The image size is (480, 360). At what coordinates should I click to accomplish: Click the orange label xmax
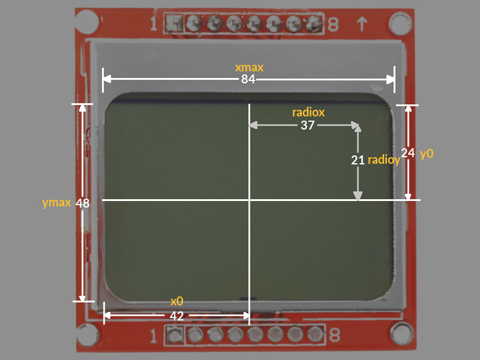(x=249, y=67)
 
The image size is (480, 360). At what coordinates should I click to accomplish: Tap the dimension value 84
(x=248, y=79)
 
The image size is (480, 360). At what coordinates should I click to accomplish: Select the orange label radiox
(x=308, y=112)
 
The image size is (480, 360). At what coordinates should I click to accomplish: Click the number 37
(x=307, y=125)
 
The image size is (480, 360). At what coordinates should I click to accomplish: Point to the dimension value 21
(x=358, y=160)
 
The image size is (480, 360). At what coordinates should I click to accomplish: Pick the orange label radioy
(x=384, y=160)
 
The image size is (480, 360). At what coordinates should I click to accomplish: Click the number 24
(x=408, y=153)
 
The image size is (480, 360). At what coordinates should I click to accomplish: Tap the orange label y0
(x=427, y=154)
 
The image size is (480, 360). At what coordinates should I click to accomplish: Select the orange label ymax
(x=56, y=203)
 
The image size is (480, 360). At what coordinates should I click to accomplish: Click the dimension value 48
(x=82, y=203)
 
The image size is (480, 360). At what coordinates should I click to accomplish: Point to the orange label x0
(x=176, y=301)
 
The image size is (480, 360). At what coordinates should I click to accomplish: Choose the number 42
(x=176, y=316)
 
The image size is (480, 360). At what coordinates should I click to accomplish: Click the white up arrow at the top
(x=362, y=24)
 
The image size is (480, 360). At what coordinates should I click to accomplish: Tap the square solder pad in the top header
(x=174, y=23)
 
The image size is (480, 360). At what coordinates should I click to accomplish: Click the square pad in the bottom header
(x=175, y=335)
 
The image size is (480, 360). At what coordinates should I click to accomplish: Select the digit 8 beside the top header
(x=333, y=25)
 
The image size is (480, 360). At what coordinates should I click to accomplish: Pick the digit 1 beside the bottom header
(x=154, y=336)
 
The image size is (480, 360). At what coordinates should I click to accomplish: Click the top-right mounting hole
(x=400, y=23)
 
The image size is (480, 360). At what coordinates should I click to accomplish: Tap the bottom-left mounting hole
(x=88, y=335)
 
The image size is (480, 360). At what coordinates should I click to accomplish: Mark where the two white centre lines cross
(x=250, y=200)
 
